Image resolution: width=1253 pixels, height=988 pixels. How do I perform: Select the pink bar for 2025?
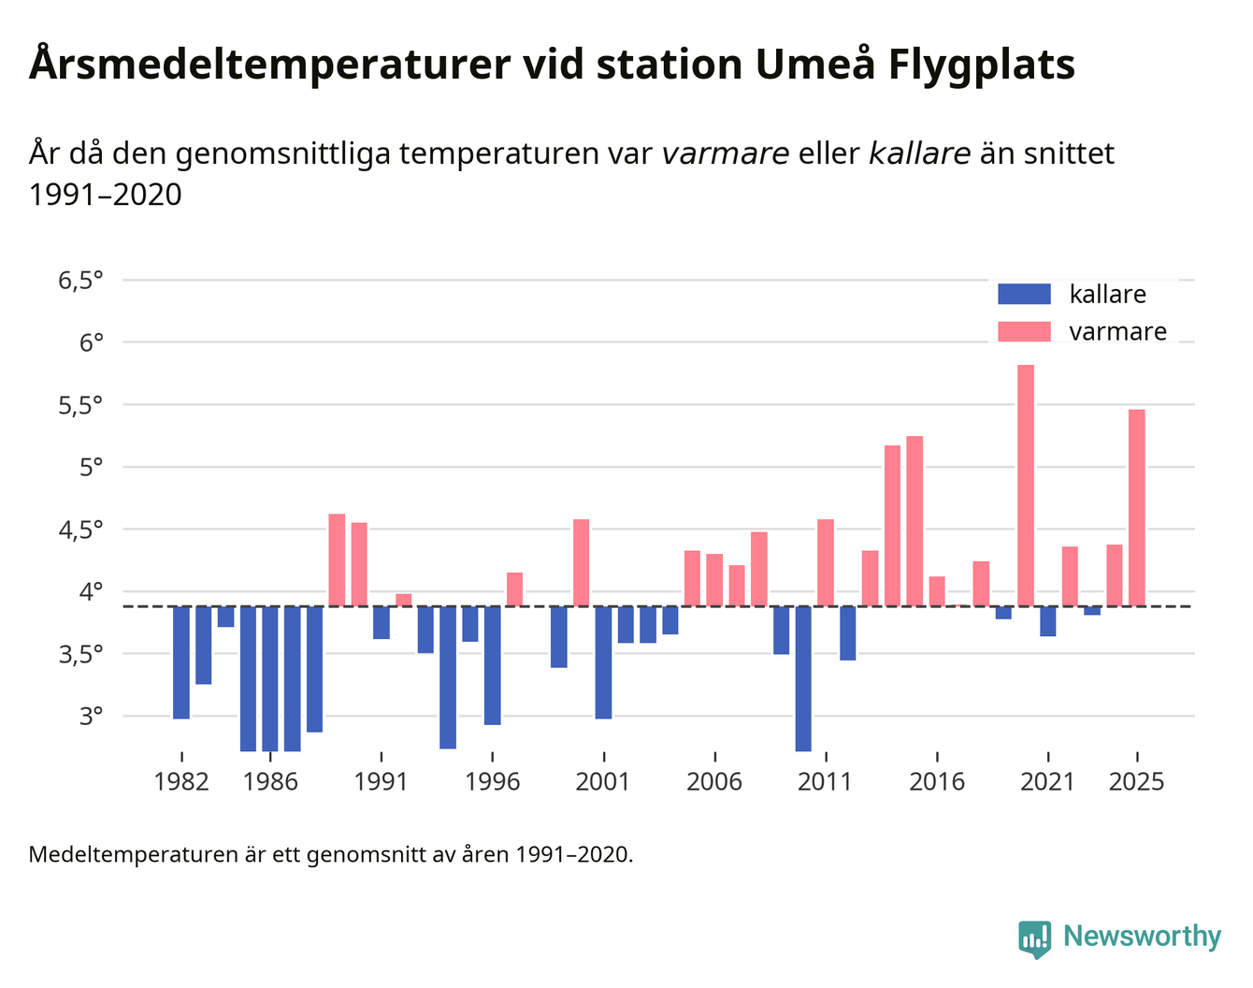pos(1137,507)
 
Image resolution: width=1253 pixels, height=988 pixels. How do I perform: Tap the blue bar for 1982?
pos(181,662)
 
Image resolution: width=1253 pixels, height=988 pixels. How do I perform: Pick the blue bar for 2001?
pos(603,662)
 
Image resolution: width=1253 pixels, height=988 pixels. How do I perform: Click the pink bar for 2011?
pos(826,562)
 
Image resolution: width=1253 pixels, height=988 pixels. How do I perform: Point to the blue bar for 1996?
pos(493,665)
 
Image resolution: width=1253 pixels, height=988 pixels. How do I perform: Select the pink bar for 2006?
pos(714,580)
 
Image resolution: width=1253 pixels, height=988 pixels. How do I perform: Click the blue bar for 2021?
pos(1048,621)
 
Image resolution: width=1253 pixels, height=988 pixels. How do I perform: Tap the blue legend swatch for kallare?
pos(1024,295)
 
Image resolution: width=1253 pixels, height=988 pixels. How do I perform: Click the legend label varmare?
pos(1117,332)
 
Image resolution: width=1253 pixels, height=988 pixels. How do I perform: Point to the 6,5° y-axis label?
pos(80,281)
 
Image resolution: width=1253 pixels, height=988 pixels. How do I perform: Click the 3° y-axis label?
pos(91,717)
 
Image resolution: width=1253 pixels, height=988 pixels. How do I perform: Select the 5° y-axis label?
pos(91,467)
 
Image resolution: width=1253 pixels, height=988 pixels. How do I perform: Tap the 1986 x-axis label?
pos(270,782)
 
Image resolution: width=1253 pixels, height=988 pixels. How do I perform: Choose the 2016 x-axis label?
pos(937,782)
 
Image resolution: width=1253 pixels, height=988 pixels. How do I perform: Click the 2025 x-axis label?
pos(1137,782)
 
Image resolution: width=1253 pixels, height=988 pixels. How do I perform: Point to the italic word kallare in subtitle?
pos(919,153)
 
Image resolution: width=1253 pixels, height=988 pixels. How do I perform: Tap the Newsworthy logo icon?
pos(1035,938)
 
